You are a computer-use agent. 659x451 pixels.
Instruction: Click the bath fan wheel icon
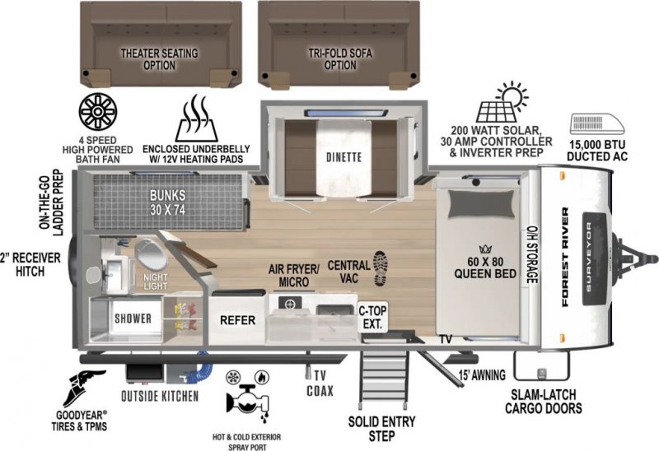pyautogui.click(x=97, y=112)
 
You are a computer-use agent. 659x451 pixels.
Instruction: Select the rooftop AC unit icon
pyautogui.click(x=597, y=124)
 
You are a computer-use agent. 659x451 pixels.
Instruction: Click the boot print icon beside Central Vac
pyautogui.click(x=381, y=269)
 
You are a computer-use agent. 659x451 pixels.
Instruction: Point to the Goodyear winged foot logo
pyautogui.click(x=83, y=387)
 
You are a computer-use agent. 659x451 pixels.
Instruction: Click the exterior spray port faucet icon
pyautogui.click(x=246, y=399)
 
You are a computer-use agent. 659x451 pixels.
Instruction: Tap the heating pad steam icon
pyautogui.click(x=197, y=119)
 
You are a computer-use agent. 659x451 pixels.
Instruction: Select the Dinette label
pyautogui.click(x=344, y=157)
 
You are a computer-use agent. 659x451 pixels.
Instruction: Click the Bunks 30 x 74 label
pyautogui.click(x=167, y=202)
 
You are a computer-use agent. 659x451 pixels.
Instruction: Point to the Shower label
pyautogui.click(x=133, y=318)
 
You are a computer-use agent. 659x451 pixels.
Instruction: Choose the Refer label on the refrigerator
pyautogui.click(x=237, y=320)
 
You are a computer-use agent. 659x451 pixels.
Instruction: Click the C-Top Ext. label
pyautogui.click(x=372, y=318)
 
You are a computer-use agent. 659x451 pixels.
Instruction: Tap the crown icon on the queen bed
pyautogui.click(x=484, y=249)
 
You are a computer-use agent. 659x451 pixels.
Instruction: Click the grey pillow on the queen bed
pyautogui.click(x=482, y=203)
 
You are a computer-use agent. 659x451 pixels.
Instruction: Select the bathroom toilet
pyautogui.click(x=150, y=253)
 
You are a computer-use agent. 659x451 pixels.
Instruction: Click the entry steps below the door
pyautogui.click(x=384, y=377)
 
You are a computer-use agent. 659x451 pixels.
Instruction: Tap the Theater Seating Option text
pyautogui.click(x=159, y=59)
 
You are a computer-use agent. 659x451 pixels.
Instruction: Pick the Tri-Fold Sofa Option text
pyautogui.click(x=340, y=59)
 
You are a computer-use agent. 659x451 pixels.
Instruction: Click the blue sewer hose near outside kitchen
pyautogui.click(x=205, y=365)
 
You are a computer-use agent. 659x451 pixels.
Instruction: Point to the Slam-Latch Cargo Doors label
pyautogui.click(x=543, y=401)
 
